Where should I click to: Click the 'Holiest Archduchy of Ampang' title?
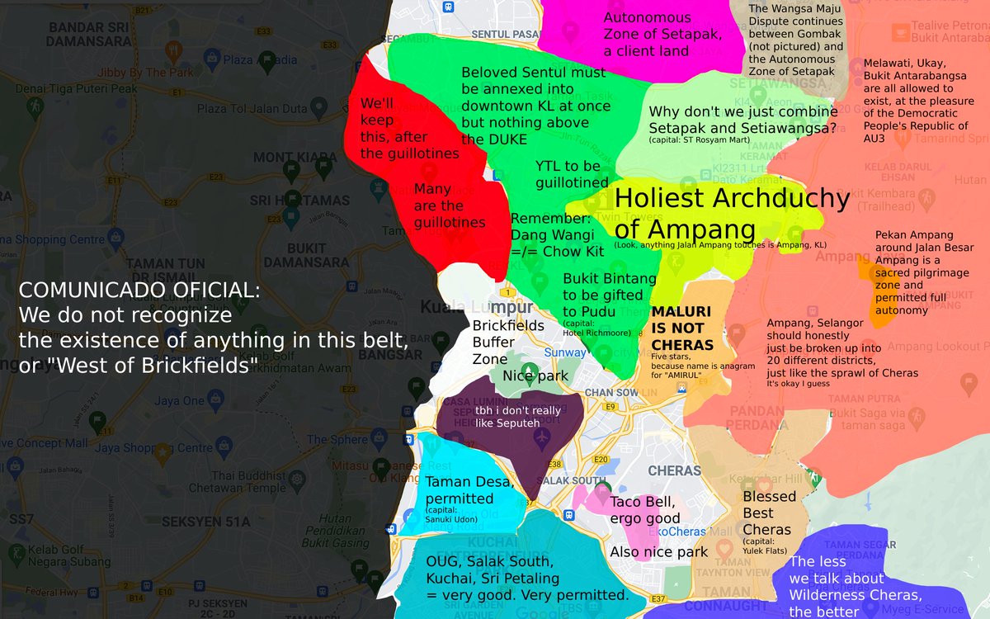click(731, 213)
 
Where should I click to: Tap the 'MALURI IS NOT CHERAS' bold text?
click(681, 328)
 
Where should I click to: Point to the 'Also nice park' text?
click(658, 552)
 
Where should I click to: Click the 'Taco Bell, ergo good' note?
click(645, 510)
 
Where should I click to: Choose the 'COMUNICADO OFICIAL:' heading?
click(139, 291)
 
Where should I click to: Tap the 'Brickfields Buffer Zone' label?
click(507, 342)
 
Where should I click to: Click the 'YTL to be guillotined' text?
click(572, 175)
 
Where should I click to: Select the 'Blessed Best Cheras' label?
click(768, 513)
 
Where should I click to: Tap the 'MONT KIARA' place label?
click(285, 157)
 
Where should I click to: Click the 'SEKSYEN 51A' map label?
click(205, 521)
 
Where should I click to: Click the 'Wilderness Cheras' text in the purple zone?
click(854, 595)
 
